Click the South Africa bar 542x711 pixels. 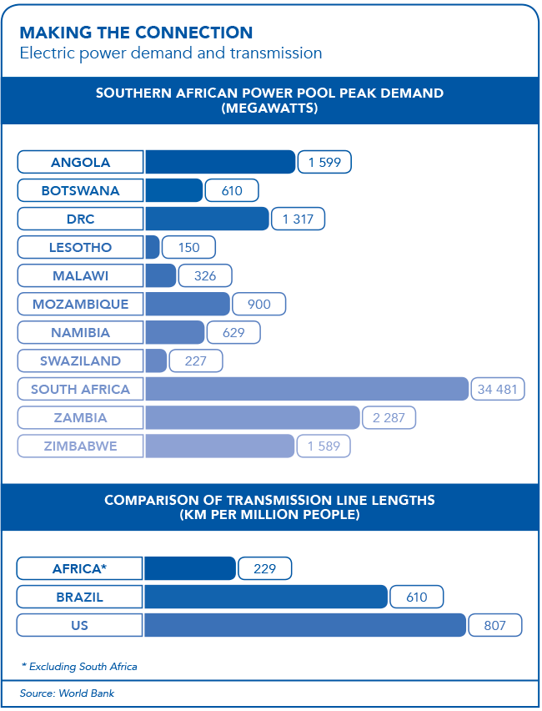(x=306, y=389)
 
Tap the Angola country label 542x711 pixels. (x=80, y=162)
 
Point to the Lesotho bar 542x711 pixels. (x=152, y=247)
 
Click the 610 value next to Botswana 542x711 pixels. (x=232, y=190)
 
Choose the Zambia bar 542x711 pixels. (x=252, y=417)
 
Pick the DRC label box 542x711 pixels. (x=80, y=219)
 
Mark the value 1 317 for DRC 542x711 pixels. (x=298, y=219)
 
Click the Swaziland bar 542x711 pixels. (x=155, y=361)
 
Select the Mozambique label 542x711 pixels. (x=80, y=304)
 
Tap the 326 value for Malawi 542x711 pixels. (x=204, y=275)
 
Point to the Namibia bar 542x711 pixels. (x=174, y=332)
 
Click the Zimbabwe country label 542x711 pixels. (x=80, y=446)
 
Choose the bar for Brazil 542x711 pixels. (x=265, y=597)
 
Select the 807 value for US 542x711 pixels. (x=494, y=625)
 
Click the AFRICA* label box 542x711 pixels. (x=80, y=568)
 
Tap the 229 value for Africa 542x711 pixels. (x=264, y=568)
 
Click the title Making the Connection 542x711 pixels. (x=136, y=33)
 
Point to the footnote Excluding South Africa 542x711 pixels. (x=79, y=667)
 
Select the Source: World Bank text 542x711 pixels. (x=68, y=693)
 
